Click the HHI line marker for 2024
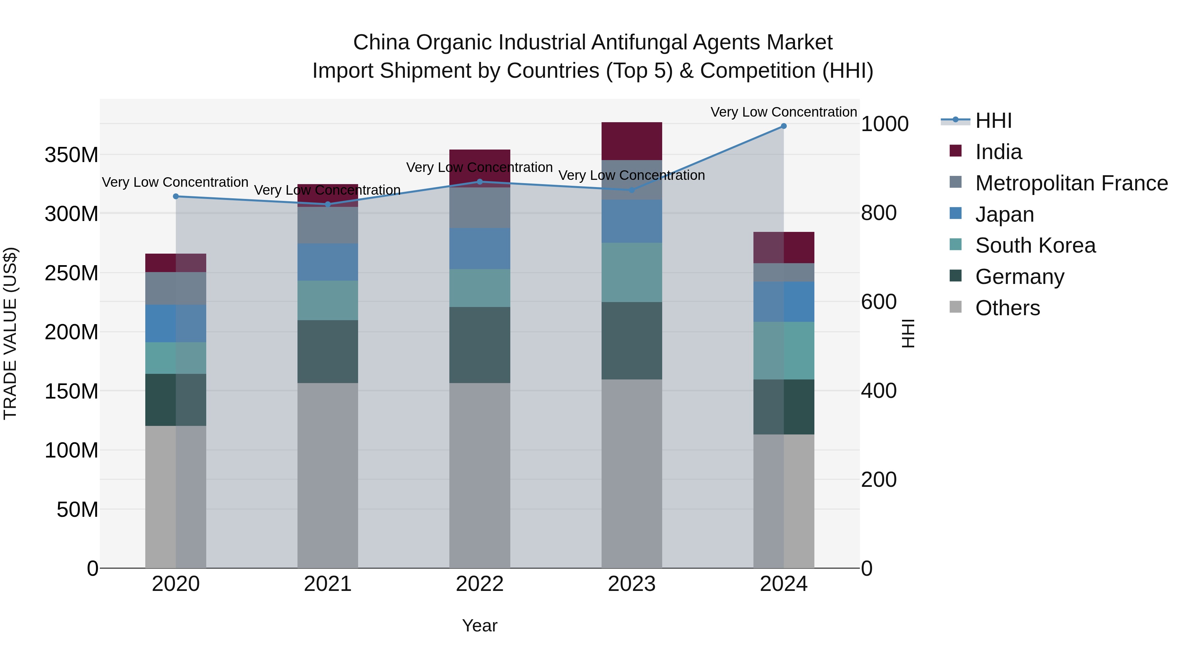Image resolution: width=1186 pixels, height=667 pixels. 784,126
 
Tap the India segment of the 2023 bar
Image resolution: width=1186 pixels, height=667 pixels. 632,141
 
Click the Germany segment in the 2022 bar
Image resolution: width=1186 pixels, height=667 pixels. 480,345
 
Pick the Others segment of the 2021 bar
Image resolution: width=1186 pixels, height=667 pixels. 328,475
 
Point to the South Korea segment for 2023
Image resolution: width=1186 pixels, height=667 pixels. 632,272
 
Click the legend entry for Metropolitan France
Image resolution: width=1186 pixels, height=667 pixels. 1071,183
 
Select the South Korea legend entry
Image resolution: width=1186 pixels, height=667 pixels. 1035,245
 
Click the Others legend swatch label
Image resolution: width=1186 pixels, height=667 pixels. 1007,308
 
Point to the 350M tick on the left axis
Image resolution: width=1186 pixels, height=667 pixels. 71,155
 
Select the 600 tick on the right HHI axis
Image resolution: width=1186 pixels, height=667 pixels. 878,302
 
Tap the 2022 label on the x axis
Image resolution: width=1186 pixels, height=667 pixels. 480,584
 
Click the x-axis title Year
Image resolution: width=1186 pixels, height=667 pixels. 480,625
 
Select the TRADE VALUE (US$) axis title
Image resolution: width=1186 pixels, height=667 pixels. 10,333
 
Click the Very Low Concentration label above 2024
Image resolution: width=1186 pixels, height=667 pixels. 784,112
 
